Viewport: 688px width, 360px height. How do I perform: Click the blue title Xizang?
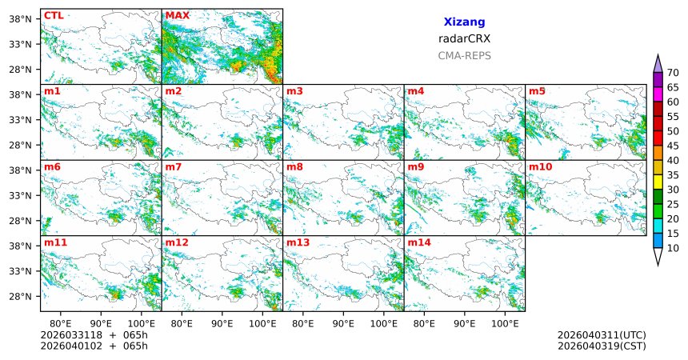click(464, 22)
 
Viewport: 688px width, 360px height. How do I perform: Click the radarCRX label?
click(464, 38)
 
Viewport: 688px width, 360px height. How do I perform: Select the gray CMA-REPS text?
click(464, 56)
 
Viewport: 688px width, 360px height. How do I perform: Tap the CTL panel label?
click(54, 15)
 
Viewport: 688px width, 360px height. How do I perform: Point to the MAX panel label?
click(177, 15)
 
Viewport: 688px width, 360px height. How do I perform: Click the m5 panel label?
click(537, 91)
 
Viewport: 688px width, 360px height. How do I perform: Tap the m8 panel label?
click(294, 166)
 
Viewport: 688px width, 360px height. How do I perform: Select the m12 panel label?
click(177, 242)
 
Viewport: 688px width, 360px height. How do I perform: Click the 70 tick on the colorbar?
click(673, 72)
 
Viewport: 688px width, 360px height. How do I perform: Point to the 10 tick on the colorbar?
click(673, 249)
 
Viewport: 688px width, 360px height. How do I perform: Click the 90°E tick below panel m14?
click(465, 324)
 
